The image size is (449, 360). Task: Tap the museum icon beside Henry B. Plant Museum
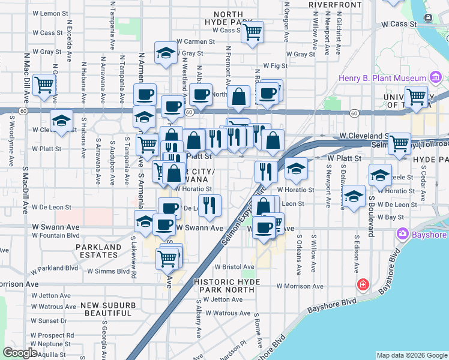coord(436,77)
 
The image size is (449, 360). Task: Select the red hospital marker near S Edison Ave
coord(363,284)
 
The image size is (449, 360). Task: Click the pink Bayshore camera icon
coord(402,234)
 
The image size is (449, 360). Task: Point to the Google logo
coord(20,353)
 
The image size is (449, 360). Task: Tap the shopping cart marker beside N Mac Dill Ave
coord(44,85)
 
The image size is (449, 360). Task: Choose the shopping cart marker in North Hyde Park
coord(253,32)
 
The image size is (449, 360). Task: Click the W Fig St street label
coord(276,66)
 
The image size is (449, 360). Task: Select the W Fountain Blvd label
coord(56,235)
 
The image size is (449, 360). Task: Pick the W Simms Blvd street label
coord(108,271)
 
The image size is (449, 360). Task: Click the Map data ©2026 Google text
coord(412,355)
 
